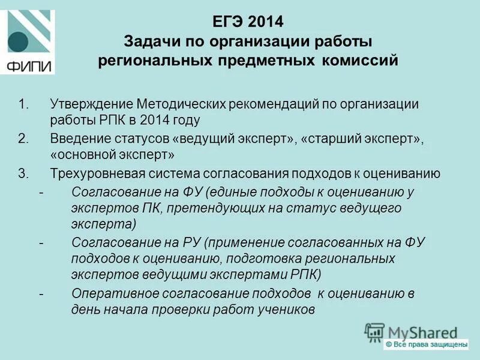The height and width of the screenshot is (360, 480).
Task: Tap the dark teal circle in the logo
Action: tap(17, 43)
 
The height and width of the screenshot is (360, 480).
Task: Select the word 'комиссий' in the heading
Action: tap(360, 60)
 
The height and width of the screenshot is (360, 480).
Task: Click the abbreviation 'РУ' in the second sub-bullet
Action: tap(189, 243)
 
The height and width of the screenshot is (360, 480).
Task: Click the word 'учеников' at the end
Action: tap(286, 310)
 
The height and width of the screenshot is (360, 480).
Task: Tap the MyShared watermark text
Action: tap(423, 332)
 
